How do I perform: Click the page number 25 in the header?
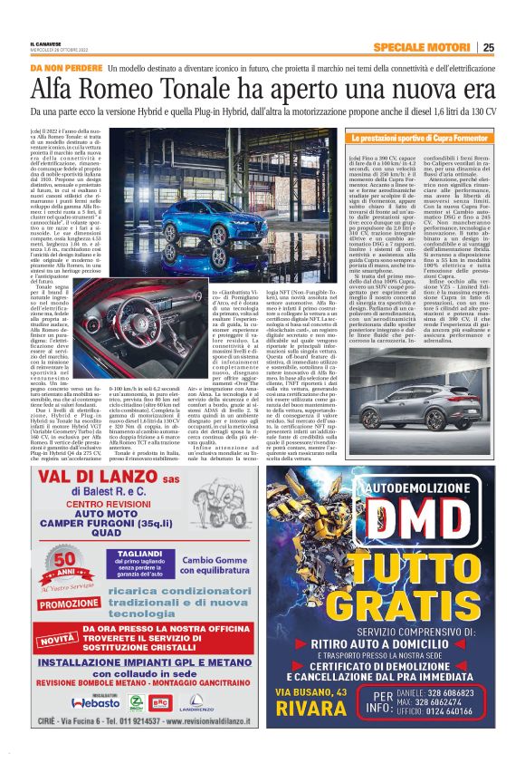coord(488,48)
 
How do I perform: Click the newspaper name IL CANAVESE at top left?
coord(48,44)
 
